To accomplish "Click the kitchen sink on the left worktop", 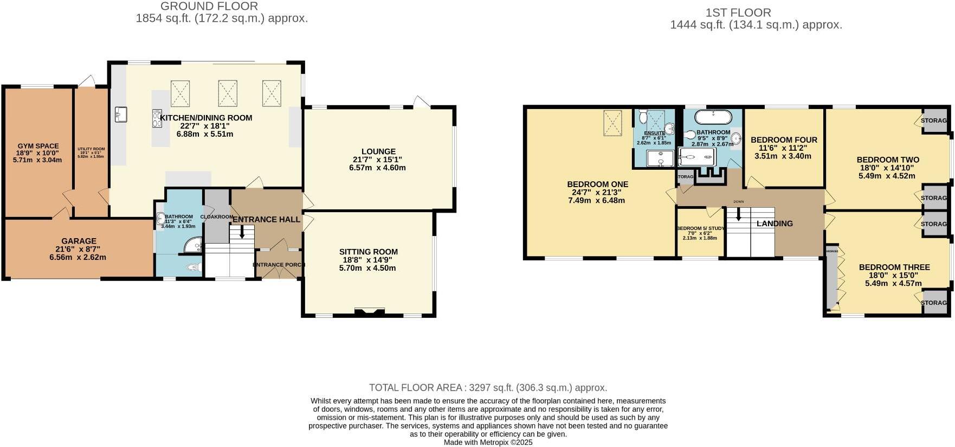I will (120, 114).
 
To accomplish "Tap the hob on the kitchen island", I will (158, 118).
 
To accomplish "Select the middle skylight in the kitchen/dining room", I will (228, 93).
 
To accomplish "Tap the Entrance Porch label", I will (279, 265).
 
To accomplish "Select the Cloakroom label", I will (216, 217).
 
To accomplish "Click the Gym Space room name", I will (38, 146).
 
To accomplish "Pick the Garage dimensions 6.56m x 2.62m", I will (78, 257).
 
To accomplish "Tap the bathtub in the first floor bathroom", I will (713, 117).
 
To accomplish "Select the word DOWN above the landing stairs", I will (738, 202).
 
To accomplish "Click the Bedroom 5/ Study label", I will (700, 228).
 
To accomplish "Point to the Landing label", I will (775, 224).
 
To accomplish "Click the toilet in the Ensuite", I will (642, 116).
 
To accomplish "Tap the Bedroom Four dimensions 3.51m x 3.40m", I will (784, 156).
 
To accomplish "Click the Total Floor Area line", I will (488, 387).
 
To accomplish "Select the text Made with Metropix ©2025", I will (488, 442).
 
